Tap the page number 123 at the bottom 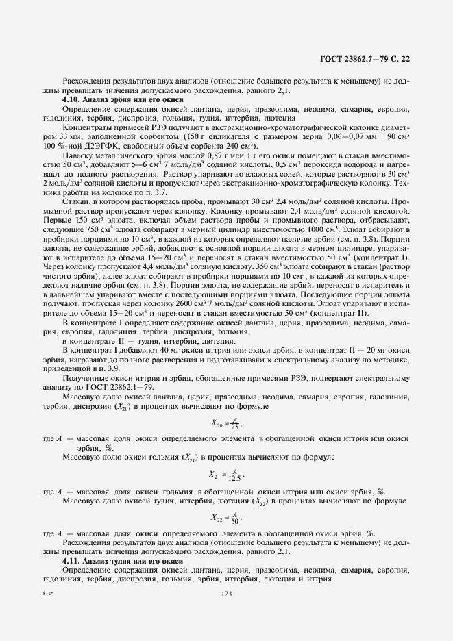tap(226, 594)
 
